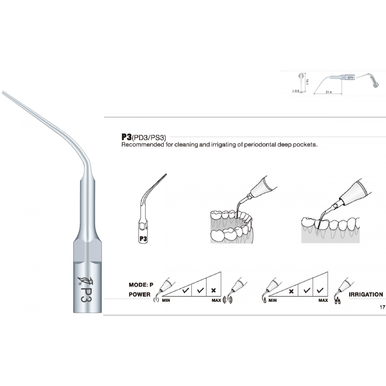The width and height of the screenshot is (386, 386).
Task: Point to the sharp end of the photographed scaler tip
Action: [x=3, y=92]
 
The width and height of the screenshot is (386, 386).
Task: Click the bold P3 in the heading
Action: [x=126, y=137]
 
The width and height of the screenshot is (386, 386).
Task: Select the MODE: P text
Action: [x=141, y=285]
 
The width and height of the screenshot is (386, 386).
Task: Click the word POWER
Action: [x=139, y=295]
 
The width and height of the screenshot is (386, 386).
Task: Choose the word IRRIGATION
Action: [x=366, y=295]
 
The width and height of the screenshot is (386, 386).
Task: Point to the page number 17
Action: [x=382, y=308]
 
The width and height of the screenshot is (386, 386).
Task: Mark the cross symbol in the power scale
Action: [x=213, y=289]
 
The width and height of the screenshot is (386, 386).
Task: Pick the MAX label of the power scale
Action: [x=216, y=300]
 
